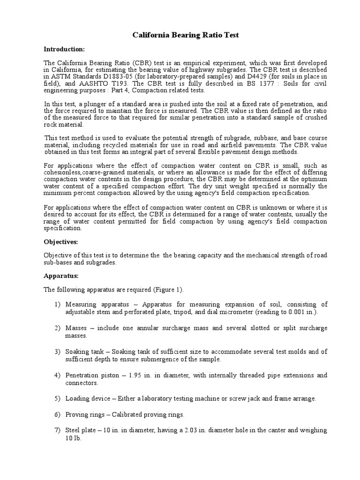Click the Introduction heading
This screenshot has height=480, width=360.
pyautogui.click(x=64, y=49)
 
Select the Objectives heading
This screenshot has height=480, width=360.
pyautogui.click(x=61, y=242)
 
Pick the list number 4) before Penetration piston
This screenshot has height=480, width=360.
pyautogui.click(x=58, y=376)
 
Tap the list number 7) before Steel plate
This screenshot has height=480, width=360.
pyautogui.click(x=58, y=430)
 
